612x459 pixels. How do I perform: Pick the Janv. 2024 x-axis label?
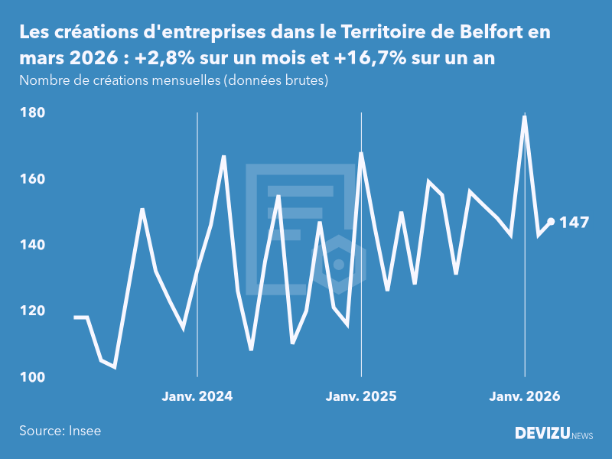click(x=197, y=396)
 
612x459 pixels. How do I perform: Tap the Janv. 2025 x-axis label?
click(x=361, y=396)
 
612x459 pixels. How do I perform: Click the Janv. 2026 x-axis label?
click(x=525, y=396)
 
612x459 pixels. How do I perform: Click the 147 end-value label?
click(x=575, y=223)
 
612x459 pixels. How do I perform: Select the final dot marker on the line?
click(x=551, y=222)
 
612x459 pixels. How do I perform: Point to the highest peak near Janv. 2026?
click(x=525, y=116)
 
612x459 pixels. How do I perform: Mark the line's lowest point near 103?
click(x=115, y=367)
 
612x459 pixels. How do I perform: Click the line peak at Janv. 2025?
click(x=361, y=153)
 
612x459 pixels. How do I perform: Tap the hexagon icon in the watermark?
click(x=339, y=265)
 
